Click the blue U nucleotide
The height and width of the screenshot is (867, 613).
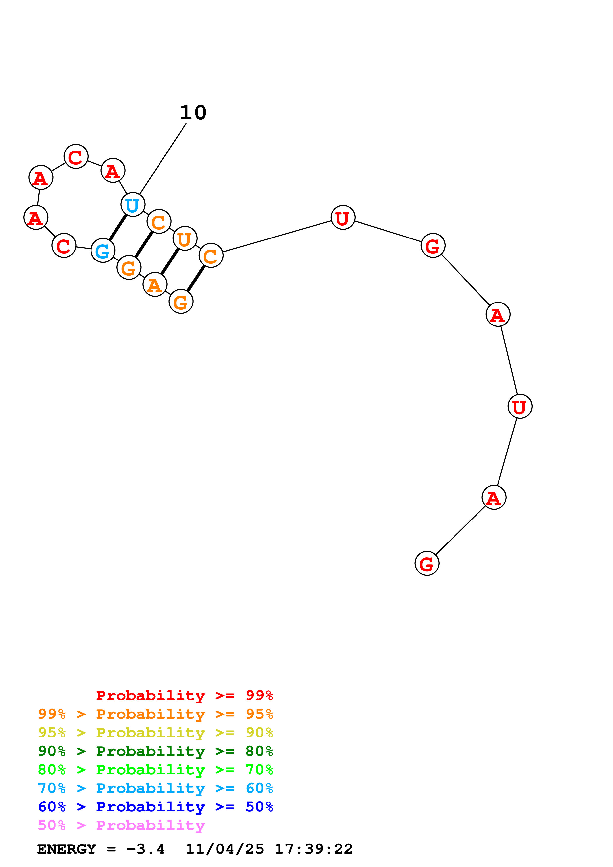click(133, 205)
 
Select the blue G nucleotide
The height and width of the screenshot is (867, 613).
click(103, 250)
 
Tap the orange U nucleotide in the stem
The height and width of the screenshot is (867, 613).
click(185, 239)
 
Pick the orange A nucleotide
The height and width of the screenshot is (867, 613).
click(155, 284)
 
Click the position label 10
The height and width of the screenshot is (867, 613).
click(193, 112)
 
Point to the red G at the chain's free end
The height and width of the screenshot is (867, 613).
click(427, 564)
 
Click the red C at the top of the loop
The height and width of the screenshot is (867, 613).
click(76, 156)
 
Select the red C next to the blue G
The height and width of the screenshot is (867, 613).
click(64, 245)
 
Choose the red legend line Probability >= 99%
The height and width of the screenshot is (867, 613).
click(184, 695)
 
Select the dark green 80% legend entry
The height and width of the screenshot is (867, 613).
click(155, 751)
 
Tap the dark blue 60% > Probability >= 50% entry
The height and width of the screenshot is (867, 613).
click(155, 807)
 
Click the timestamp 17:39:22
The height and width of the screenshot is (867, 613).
click(314, 849)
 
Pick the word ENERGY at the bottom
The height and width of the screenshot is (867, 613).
click(67, 849)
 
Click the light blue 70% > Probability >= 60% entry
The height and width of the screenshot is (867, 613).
click(155, 788)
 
